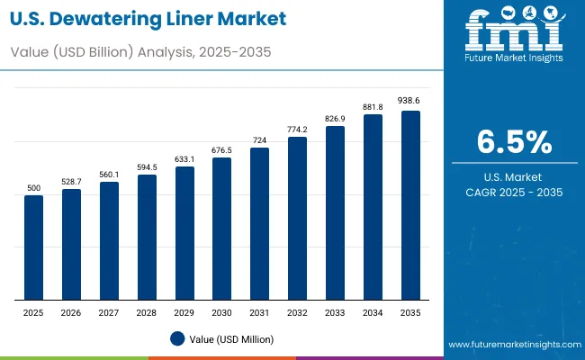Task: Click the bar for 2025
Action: coord(33,247)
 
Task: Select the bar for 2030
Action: coord(221,229)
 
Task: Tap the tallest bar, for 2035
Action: coord(410,205)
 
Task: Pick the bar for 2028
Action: coord(147,238)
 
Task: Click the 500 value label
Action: coord(33,187)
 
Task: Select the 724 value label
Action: coord(259,139)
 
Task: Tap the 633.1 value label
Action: coord(184,158)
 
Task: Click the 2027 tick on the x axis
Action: coord(109,311)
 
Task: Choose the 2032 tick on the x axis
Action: coord(297,311)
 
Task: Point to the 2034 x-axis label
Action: coord(373,311)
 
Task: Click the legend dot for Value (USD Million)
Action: coord(177,338)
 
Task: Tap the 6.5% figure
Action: coord(513,143)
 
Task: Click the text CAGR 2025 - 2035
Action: coord(513,192)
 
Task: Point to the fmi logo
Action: coord(513,32)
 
